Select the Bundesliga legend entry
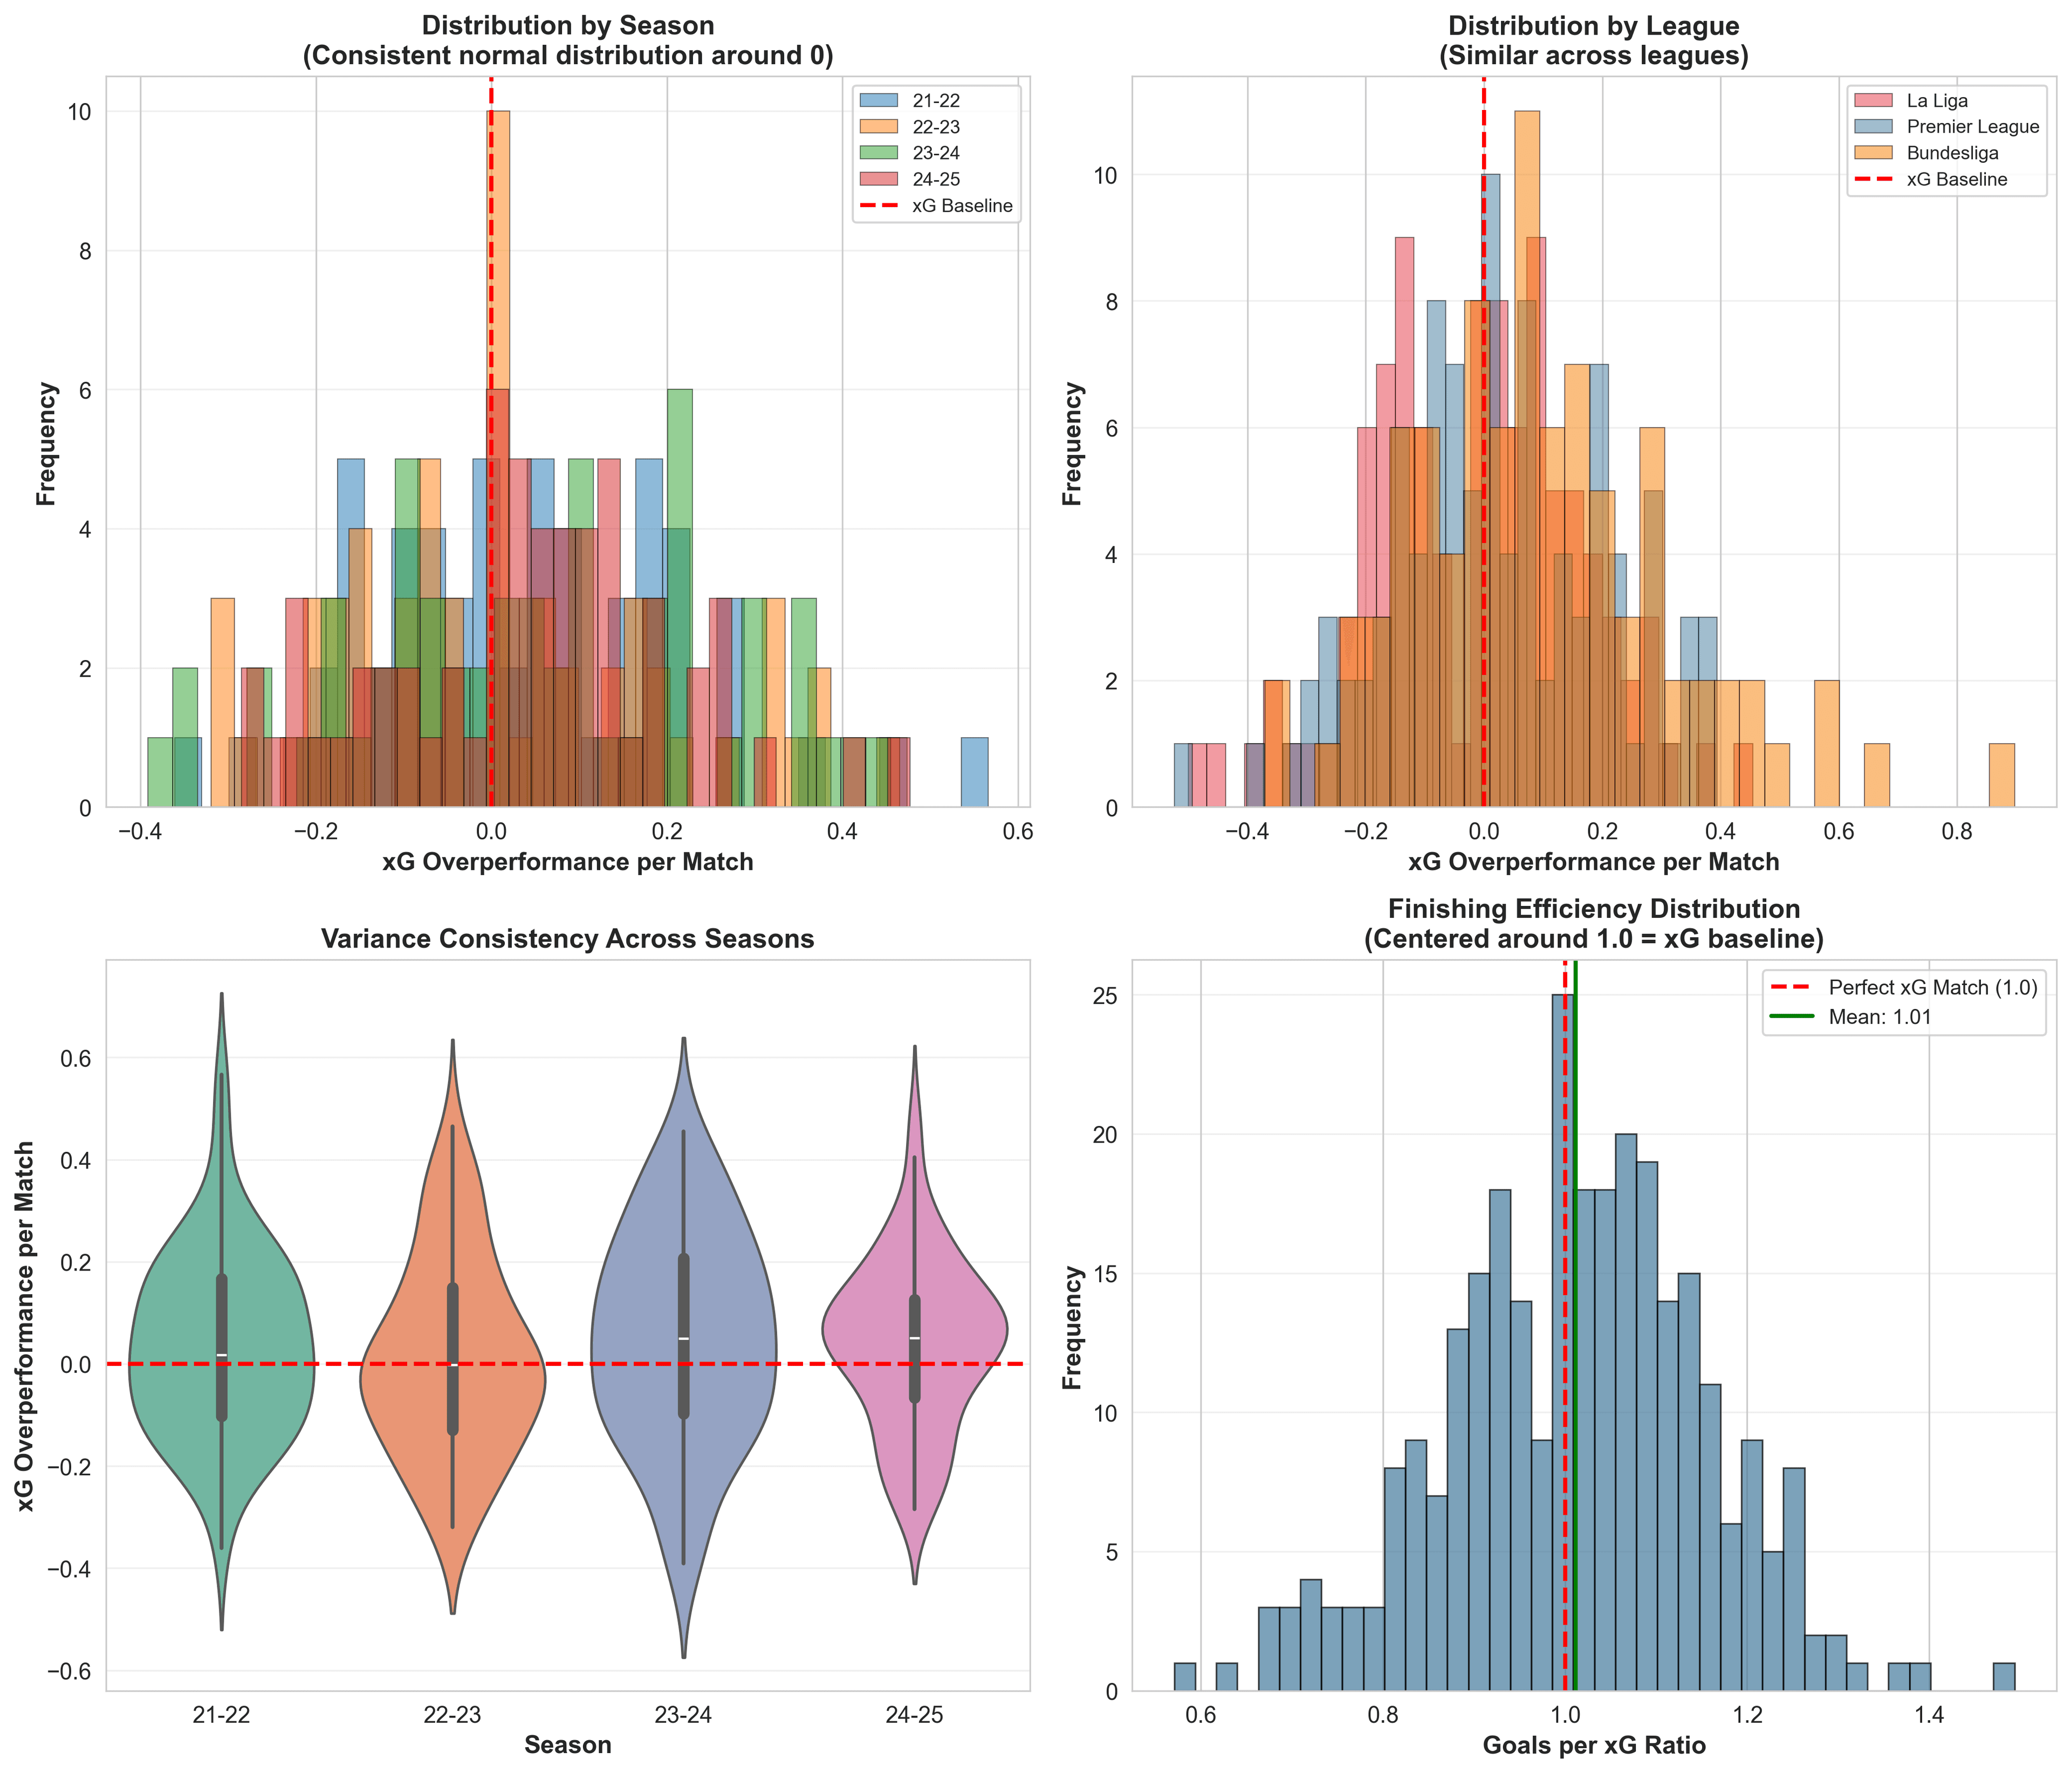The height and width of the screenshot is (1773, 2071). (1952, 153)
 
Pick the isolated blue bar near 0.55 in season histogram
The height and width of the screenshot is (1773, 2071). (973, 772)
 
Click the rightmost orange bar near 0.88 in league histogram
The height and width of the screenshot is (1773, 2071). (2001, 774)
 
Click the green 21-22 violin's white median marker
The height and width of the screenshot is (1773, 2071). (221, 1354)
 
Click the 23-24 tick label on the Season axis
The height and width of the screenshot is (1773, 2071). (684, 1715)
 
